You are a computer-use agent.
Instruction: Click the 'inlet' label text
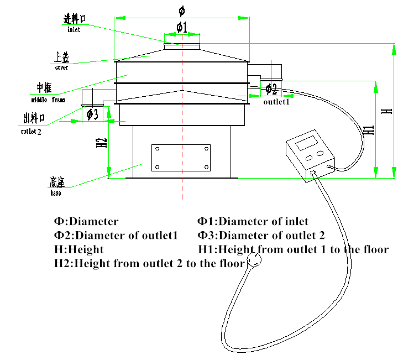(x=74, y=29)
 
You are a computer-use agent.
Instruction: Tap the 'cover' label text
(x=61, y=67)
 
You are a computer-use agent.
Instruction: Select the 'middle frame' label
(x=48, y=100)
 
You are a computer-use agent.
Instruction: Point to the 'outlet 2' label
(x=31, y=132)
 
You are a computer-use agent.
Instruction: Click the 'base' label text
(x=56, y=192)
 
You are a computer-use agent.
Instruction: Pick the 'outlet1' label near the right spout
(x=276, y=102)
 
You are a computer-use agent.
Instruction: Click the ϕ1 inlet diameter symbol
(x=182, y=27)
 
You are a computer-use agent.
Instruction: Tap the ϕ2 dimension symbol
(x=271, y=89)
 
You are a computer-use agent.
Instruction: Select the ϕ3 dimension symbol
(x=92, y=114)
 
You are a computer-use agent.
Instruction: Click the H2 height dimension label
(x=102, y=143)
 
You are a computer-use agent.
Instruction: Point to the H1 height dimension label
(x=369, y=130)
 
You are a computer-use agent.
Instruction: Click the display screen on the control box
(x=306, y=143)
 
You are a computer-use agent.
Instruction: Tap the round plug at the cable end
(x=254, y=260)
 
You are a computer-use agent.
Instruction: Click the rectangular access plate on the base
(x=181, y=158)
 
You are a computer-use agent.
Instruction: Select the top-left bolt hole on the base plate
(x=157, y=149)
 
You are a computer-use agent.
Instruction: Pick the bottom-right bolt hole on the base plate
(x=206, y=167)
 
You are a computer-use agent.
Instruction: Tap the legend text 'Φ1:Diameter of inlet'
(x=253, y=221)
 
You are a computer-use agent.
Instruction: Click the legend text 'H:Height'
(x=79, y=249)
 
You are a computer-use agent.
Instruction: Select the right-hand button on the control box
(x=320, y=153)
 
